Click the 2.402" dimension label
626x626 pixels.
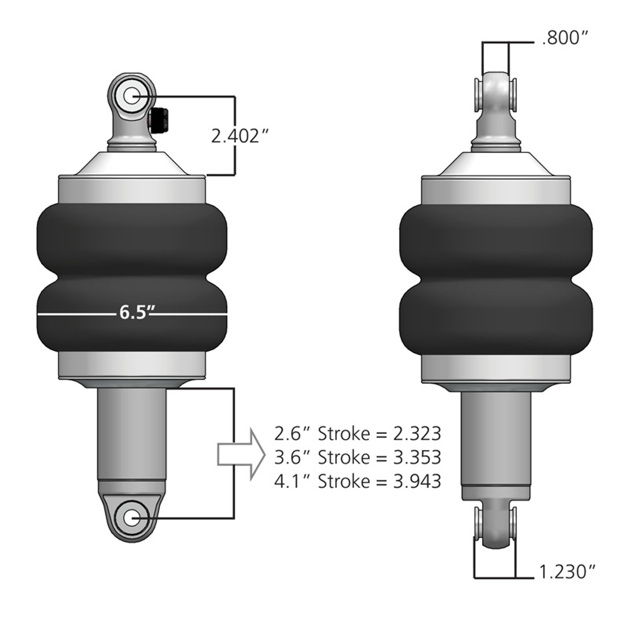coord(241,136)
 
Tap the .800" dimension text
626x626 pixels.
coord(565,39)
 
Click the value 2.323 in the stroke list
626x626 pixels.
coord(417,434)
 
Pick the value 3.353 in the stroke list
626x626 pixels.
coord(417,458)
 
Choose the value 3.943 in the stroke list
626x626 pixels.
coord(417,481)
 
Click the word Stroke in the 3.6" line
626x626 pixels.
coord(344,458)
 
